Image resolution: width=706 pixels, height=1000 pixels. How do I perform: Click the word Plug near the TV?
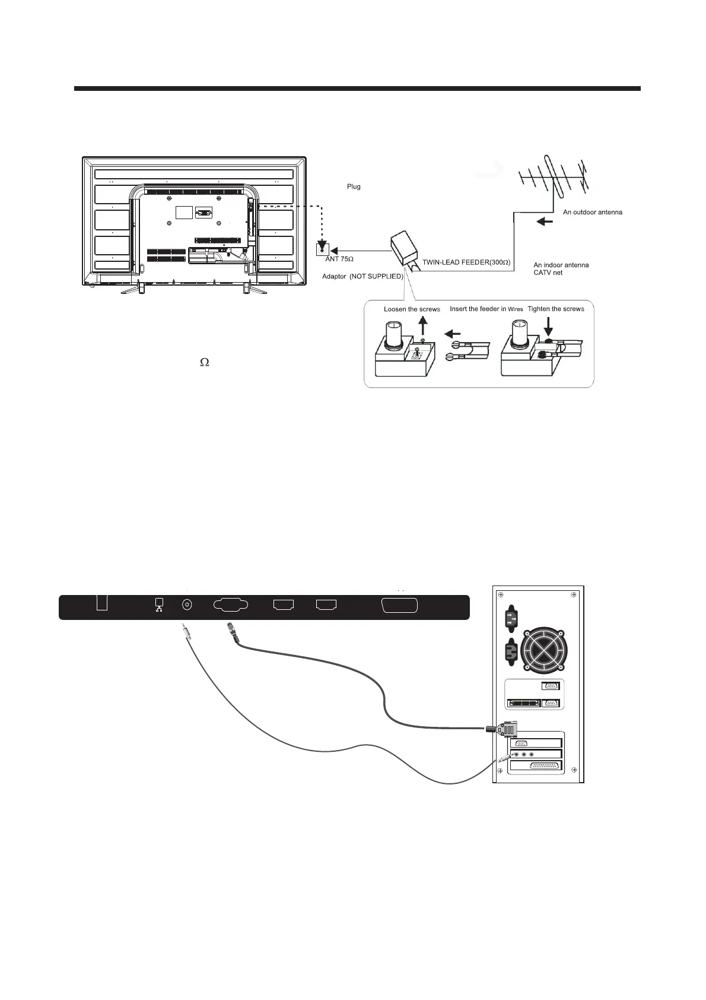click(354, 187)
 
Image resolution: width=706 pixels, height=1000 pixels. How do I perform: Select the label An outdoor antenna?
click(592, 212)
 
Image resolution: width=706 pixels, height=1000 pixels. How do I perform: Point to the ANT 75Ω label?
click(339, 260)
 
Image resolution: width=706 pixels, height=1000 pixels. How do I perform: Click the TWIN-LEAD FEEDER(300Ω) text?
click(466, 262)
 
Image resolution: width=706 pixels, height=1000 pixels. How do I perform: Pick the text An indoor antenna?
click(561, 265)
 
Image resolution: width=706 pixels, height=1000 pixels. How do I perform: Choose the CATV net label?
click(548, 273)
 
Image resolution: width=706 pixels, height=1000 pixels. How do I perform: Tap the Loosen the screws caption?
click(412, 309)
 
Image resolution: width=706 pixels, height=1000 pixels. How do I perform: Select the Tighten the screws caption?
click(555, 309)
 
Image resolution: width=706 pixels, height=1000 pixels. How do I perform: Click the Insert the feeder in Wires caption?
click(486, 309)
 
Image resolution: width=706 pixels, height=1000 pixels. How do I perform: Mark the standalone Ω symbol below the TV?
click(204, 362)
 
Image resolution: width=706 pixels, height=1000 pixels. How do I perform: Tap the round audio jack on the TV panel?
click(187, 605)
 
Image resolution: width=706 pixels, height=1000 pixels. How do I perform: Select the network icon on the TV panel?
click(158, 605)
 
